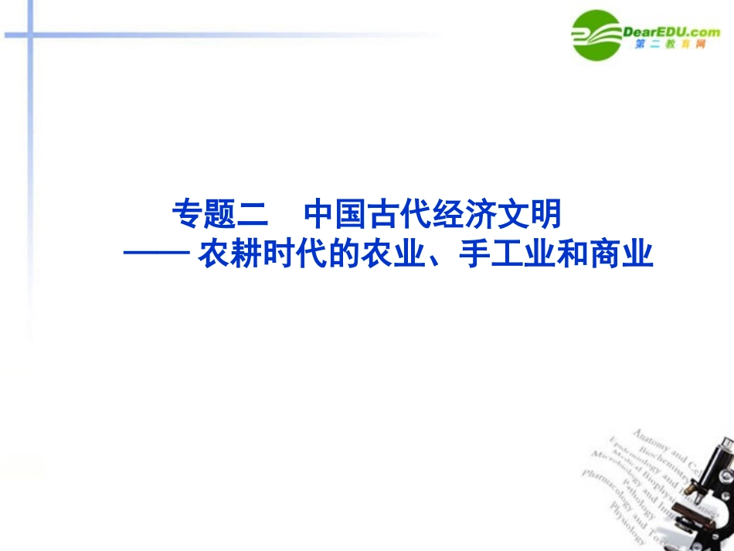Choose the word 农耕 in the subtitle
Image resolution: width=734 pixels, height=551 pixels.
[225, 255]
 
